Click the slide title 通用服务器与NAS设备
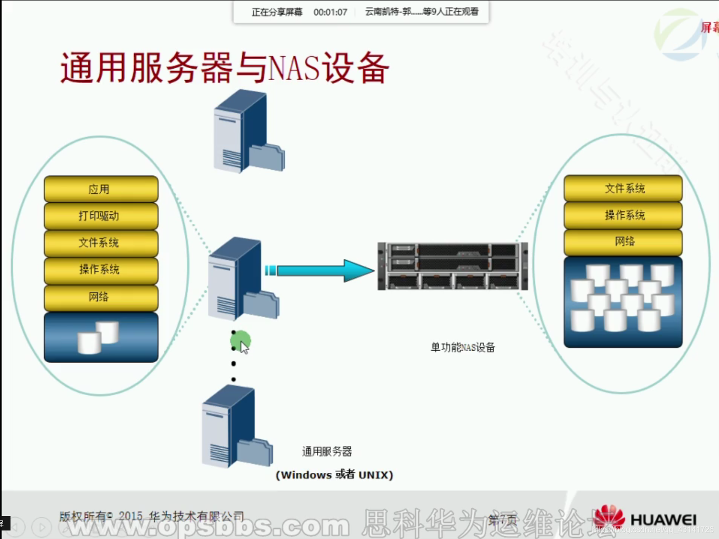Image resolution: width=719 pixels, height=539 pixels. click(225, 68)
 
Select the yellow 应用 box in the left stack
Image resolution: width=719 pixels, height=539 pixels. click(101, 189)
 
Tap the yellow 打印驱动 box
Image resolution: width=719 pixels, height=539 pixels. click(101, 216)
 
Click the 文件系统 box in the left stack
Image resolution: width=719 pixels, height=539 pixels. click(101, 243)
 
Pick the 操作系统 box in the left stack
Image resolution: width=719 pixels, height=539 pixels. click(101, 269)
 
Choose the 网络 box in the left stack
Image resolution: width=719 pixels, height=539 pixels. click(101, 297)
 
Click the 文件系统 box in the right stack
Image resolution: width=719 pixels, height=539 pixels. click(623, 188)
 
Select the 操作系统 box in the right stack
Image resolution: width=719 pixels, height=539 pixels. click(623, 215)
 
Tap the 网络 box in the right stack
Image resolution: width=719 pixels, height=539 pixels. click(623, 241)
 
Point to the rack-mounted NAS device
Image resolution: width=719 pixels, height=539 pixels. click(453, 266)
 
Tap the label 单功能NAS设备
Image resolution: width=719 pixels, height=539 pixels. click(463, 347)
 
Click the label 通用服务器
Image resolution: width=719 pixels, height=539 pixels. click(327, 451)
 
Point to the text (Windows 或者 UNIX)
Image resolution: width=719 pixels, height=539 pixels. click(334, 475)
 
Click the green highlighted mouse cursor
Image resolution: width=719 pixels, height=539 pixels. click(241, 342)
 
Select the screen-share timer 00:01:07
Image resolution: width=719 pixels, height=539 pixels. click(330, 12)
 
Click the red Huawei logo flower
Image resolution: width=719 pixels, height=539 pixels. click(609, 517)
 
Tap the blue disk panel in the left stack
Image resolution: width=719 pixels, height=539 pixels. click(101, 337)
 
